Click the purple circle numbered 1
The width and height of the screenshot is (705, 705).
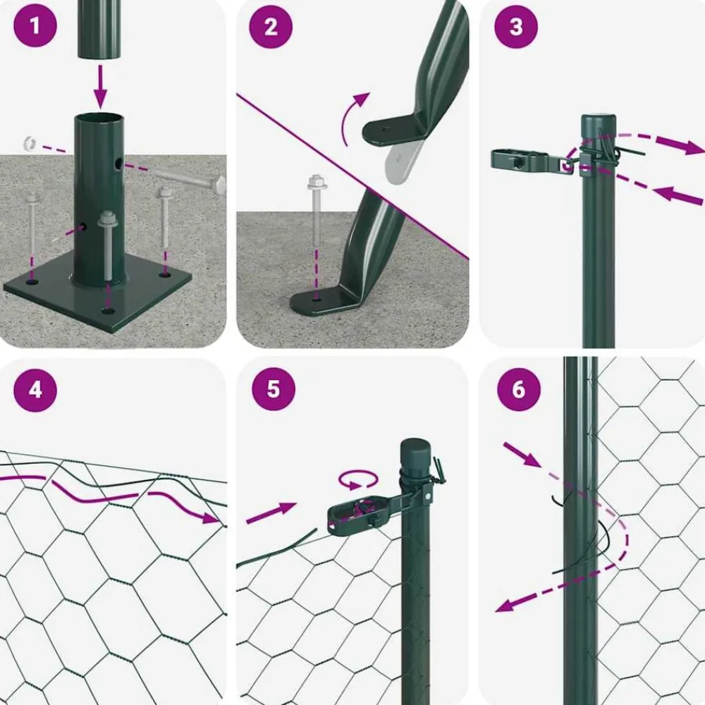(35, 25)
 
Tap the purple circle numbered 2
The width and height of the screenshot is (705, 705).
(271, 27)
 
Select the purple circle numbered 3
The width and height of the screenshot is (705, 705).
(516, 27)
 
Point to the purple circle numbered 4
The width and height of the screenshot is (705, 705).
(35, 390)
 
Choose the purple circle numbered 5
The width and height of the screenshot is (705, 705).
(274, 389)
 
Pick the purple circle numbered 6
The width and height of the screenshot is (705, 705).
(518, 389)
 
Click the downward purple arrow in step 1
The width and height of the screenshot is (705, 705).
(100, 86)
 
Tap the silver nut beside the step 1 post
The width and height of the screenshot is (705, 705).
(30, 143)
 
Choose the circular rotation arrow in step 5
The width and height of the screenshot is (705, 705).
(358, 479)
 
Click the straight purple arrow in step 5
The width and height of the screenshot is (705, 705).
(271, 513)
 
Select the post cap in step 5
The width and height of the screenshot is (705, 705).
(415, 454)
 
